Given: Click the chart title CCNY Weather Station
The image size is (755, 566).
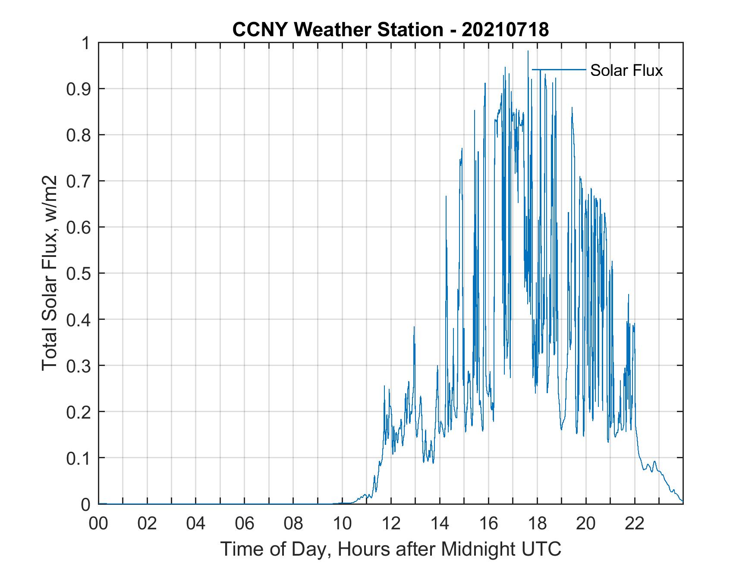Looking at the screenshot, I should tap(337, 30).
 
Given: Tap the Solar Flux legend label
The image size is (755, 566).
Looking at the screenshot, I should tap(626, 70).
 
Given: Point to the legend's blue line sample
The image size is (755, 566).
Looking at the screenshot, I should tap(559, 69).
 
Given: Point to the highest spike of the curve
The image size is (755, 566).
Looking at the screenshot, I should tap(528, 51).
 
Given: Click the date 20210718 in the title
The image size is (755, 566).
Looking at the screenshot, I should tap(505, 30).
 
